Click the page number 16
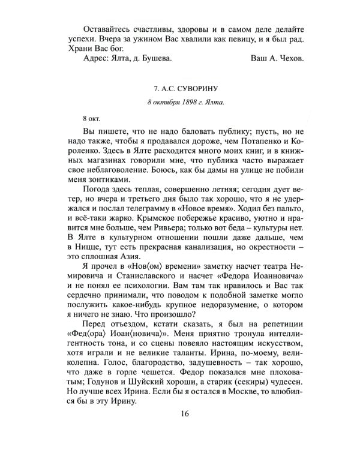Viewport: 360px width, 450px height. [x=184, y=430]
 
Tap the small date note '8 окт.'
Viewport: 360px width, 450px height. [x=92, y=118]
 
